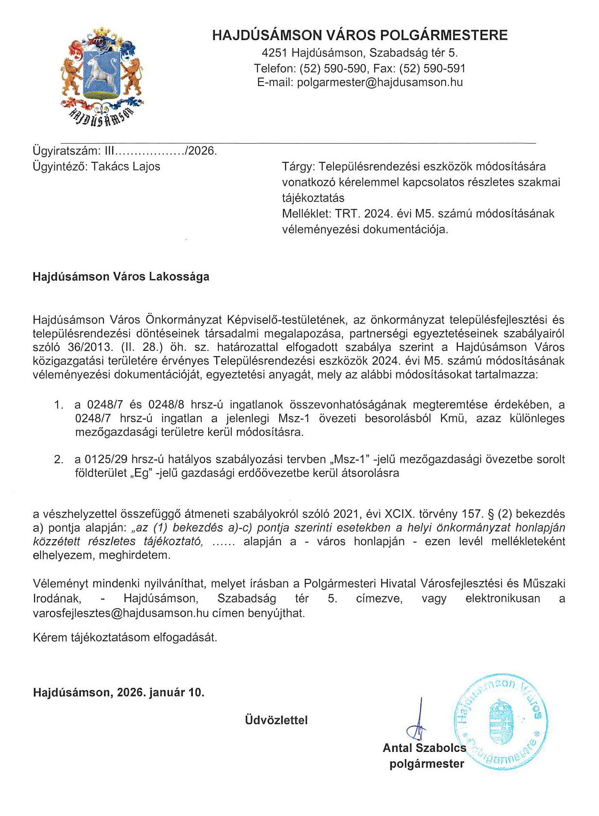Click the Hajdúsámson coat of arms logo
[102, 76]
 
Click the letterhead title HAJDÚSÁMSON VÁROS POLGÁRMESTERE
[360, 35]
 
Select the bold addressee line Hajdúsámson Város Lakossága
[121, 277]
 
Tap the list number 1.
[59, 405]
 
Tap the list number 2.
[59, 460]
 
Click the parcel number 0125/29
[106, 460]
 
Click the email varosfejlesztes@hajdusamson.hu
[121, 613]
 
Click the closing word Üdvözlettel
[276, 720]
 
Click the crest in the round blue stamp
[500, 722]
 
